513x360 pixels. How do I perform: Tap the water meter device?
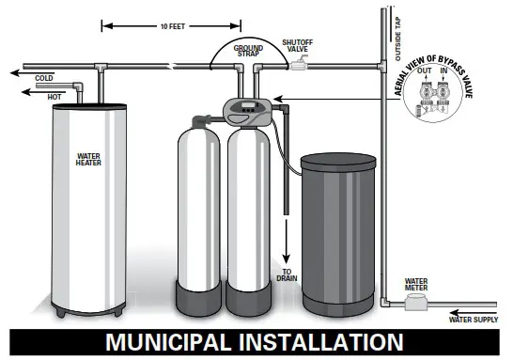[413, 303]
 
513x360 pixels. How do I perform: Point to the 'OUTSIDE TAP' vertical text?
[397, 37]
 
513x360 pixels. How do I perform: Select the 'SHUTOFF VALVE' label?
[301, 45]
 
